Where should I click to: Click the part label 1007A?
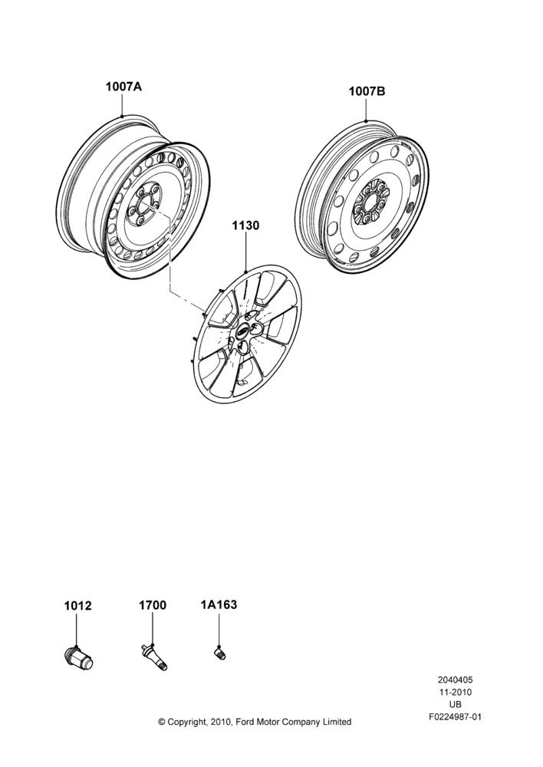(x=123, y=87)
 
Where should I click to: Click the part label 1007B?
(x=367, y=91)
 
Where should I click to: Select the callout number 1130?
(x=245, y=225)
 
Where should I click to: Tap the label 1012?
(x=77, y=606)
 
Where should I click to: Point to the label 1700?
(x=153, y=605)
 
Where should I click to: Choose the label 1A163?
(x=219, y=604)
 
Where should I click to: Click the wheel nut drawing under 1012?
(x=79, y=657)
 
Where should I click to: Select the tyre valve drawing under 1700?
(x=153, y=657)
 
